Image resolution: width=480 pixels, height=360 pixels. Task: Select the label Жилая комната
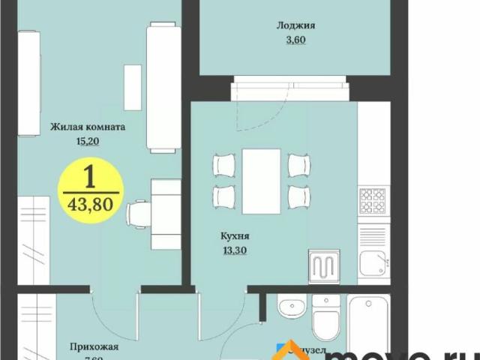pyautogui.click(x=88, y=127)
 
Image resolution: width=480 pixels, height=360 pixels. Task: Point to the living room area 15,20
pyautogui.click(x=88, y=140)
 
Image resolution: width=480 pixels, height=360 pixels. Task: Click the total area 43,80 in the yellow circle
pyautogui.click(x=89, y=203)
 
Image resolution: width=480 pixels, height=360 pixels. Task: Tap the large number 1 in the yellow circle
pyautogui.click(x=89, y=177)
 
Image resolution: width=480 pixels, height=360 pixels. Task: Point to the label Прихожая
pyautogui.click(x=94, y=346)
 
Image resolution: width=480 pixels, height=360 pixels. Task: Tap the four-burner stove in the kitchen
pyautogui.click(x=371, y=201)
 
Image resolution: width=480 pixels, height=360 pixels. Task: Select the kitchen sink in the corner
pyautogui.click(x=372, y=263)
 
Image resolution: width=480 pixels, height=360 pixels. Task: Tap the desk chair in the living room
pyautogui.click(x=137, y=215)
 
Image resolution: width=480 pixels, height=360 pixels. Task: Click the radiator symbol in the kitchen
pyautogui.click(x=325, y=265)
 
